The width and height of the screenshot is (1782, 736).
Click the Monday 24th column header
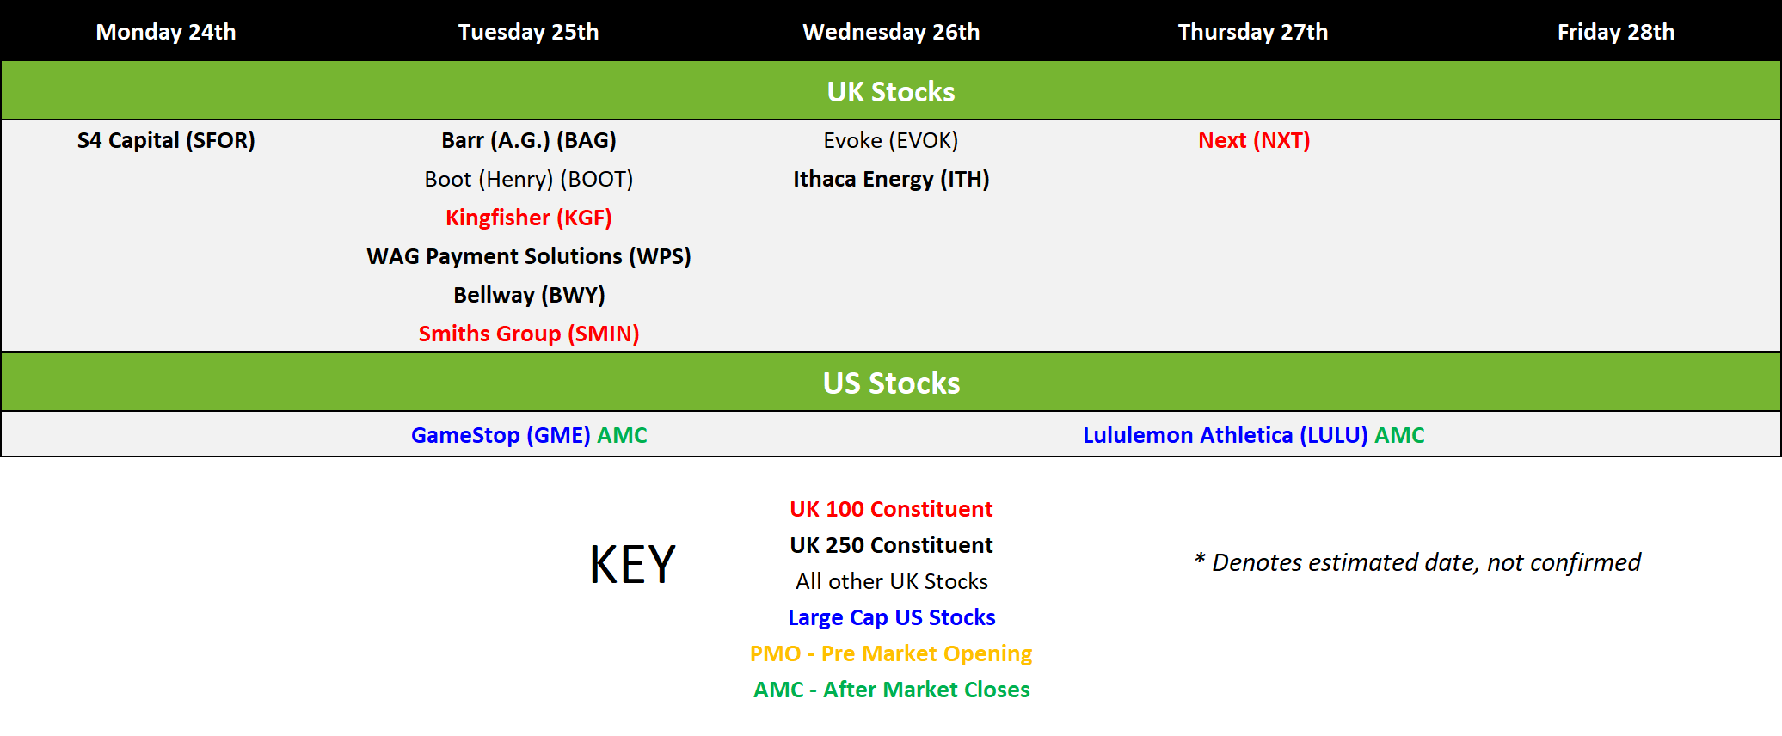point(166,32)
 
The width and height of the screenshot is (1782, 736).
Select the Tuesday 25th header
point(528,32)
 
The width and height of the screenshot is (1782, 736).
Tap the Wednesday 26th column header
point(891,32)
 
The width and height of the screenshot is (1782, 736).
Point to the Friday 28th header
point(1616,32)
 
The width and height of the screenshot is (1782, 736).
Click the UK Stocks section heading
point(891,91)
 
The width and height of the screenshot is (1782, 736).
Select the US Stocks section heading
point(891,383)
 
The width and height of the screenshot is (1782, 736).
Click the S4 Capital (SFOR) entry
point(166,140)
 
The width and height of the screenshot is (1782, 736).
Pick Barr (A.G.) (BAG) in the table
point(529,140)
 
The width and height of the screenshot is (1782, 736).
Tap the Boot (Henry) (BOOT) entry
point(529,179)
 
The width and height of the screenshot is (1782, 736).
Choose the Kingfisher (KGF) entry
point(529,218)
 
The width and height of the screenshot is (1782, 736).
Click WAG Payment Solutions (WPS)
point(529,256)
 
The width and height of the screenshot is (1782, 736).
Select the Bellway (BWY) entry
point(529,295)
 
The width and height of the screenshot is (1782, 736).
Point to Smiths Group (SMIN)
point(529,334)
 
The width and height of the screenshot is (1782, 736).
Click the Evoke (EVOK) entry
point(891,140)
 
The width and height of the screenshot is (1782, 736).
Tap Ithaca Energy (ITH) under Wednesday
point(891,179)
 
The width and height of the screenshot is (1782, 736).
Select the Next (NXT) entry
point(1254,140)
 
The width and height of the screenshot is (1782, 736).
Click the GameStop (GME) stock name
point(501,435)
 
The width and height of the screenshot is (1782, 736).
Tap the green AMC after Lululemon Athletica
point(1399,435)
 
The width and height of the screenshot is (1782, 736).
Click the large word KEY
point(632,565)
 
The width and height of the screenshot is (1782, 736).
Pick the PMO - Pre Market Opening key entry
point(891,653)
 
